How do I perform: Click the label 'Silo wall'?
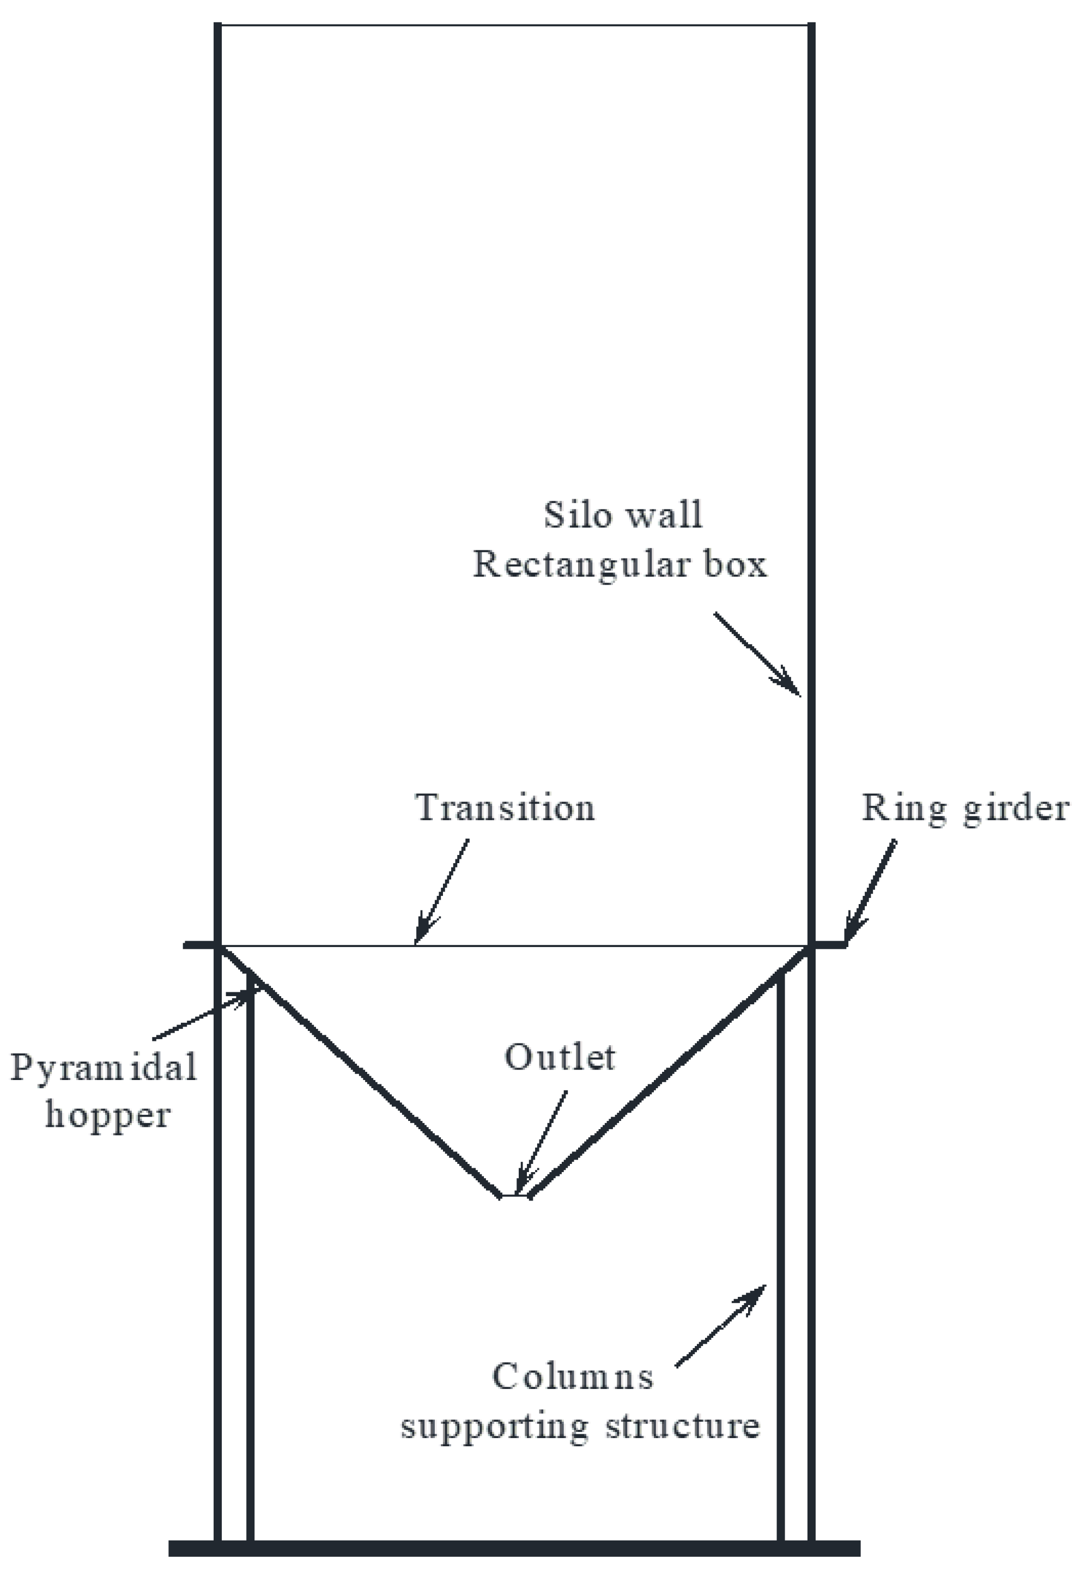click(x=622, y=515)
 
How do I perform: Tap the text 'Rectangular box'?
click(x=620, y=565)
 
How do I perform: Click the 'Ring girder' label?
click(x=964, y=809)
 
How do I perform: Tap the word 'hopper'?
click(x=108, y=1116)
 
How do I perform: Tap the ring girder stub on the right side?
click(x=829, y=945)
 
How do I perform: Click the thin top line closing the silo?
click(x=514, y=25)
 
